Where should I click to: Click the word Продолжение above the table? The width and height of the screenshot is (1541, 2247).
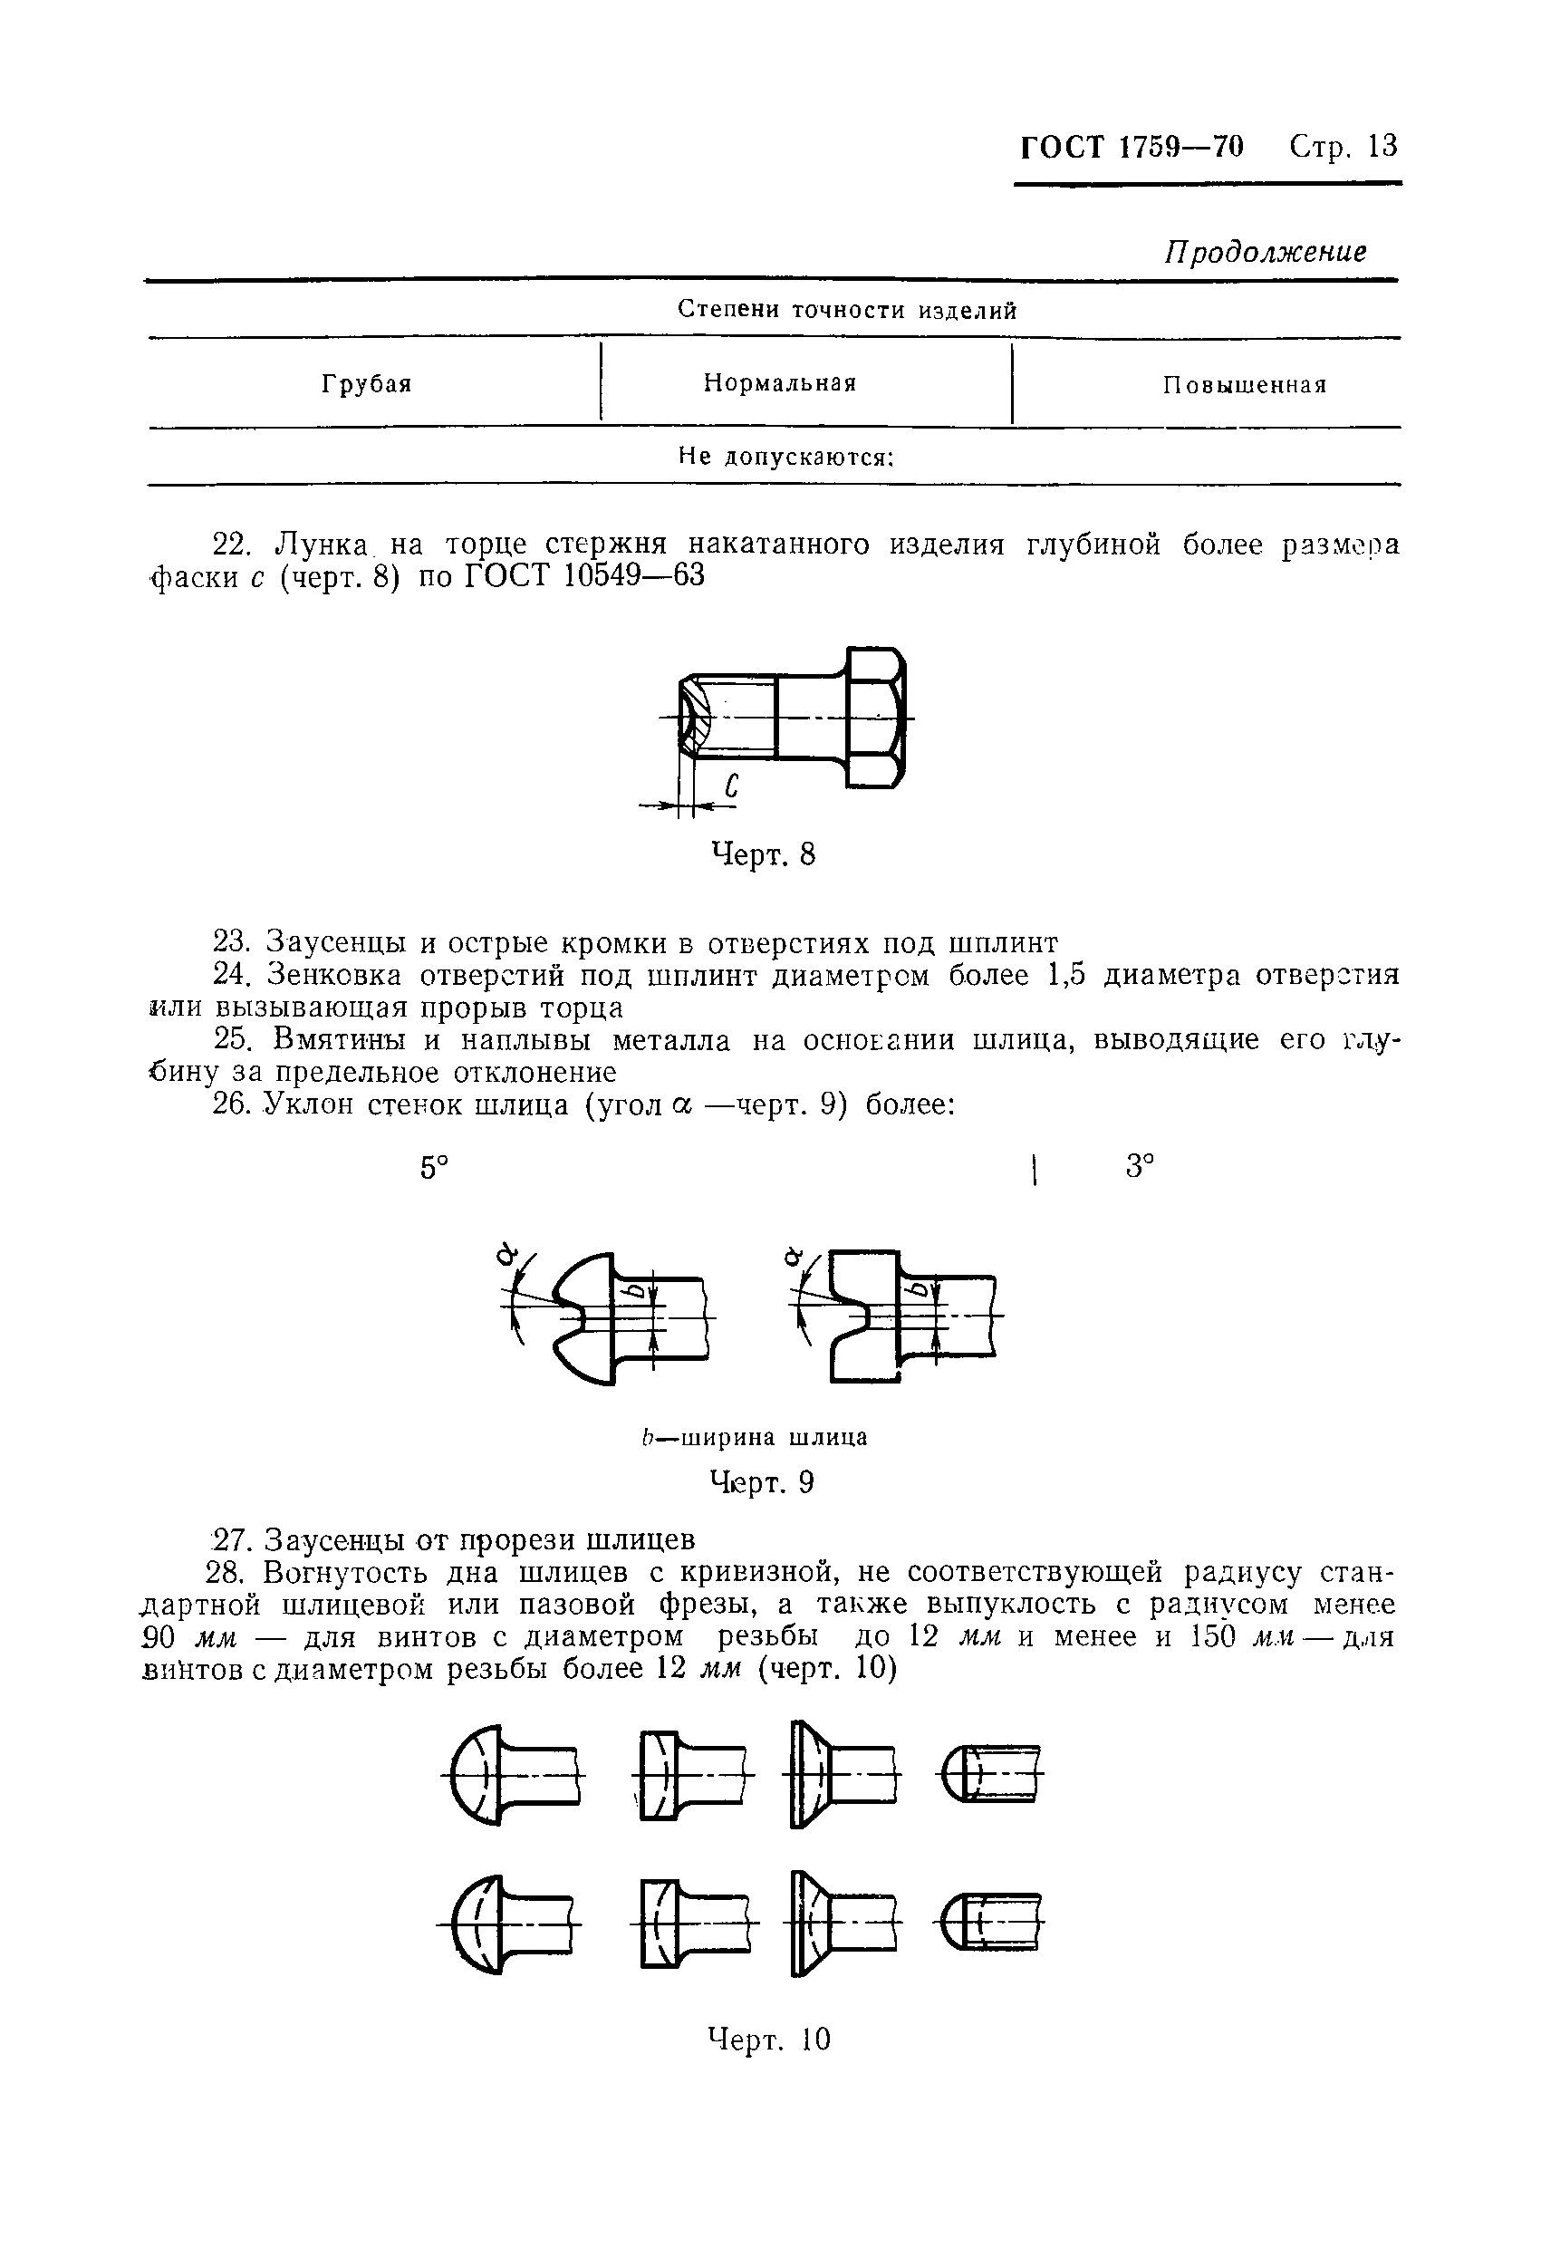[1265, 253]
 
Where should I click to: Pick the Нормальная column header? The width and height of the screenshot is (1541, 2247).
[780, 383]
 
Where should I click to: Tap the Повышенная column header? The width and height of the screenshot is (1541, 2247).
[1244, 386]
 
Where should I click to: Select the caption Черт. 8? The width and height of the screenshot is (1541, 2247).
[763, 854]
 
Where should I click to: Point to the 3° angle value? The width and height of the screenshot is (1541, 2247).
[1141, 1167]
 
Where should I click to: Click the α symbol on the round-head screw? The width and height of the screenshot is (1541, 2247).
[504, 1256]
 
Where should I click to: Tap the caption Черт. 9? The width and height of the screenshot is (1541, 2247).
[762, 1483]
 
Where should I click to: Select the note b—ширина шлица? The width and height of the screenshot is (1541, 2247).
[754, 1438]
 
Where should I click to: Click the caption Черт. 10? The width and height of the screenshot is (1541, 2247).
[768, 2040]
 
